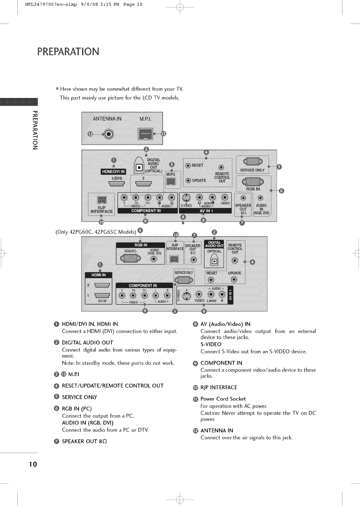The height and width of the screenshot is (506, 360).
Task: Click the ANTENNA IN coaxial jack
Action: pyautogui.click(x=109, y=134)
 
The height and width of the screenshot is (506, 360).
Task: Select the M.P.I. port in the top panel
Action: pyautogui.click(x=144, y=134)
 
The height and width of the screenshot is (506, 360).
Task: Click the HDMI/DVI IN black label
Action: pyautogui.click(x=113, y=171)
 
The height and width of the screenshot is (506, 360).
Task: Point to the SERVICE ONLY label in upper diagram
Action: pyautogui.click(x=252, y=170)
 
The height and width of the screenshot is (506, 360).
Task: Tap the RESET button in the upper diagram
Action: pyautogui.click(x=188, y=165)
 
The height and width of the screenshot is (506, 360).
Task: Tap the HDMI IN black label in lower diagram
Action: pyautogui.click(x=99, y=275)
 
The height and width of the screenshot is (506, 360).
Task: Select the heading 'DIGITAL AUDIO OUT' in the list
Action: pyautogui.click(x=87, y=343)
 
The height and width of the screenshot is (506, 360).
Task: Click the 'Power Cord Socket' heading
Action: pyautogui.click(x=223, y=399)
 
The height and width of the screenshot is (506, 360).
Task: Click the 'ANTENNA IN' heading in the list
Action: pyautogui.click(x=217, y=430)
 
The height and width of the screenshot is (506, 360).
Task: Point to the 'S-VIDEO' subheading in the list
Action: pyautogui.click(x=211, y=344)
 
